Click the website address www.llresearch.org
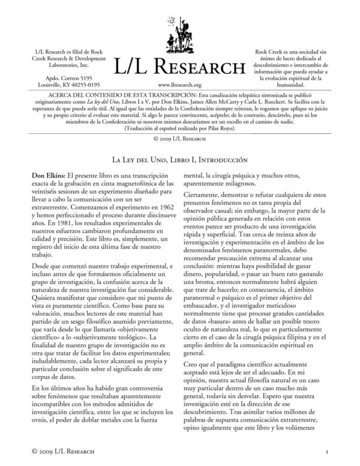tap(179, 85)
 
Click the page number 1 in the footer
tap(325, 450)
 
